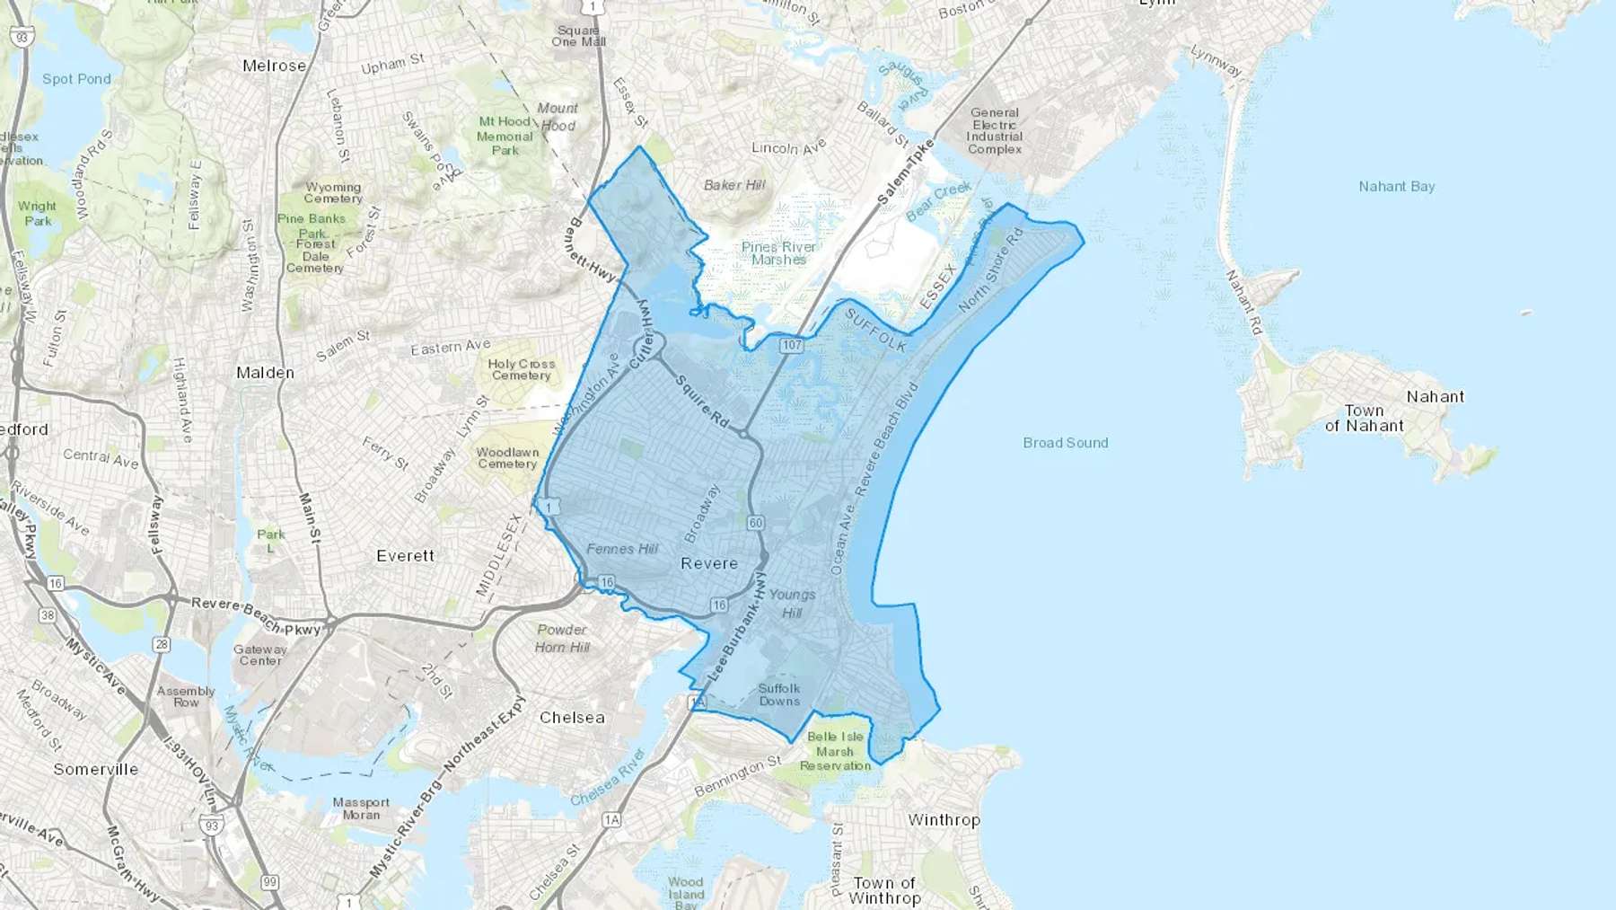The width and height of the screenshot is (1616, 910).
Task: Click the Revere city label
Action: pos(709,564)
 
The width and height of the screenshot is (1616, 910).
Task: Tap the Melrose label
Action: pos(274,66)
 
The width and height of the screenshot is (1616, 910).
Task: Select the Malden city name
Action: pos(265,373)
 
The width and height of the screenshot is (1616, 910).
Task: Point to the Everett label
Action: pos(405,556)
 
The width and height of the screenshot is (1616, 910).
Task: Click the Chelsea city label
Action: pos(572,718)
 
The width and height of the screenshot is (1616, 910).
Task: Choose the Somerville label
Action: pos(96,770)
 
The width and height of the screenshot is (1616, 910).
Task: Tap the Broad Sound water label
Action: pos(1066,443)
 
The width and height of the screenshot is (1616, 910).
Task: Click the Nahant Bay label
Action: pos(1396,187)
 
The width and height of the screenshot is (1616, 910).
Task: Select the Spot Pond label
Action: pos(76,79)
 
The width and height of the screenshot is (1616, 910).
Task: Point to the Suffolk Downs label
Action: pos(778,695)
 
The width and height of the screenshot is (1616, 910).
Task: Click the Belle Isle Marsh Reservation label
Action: pos(835,751)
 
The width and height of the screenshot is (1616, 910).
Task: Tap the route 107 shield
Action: pos(791,345)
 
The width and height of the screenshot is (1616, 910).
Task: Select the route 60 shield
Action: pos(755,523)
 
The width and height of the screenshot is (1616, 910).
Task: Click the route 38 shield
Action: pos(48,615)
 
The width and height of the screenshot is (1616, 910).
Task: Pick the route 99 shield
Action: pos(269,882)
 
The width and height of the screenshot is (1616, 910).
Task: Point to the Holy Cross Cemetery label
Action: pos(522,369)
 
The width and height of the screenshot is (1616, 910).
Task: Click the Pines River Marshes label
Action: pos(778,253)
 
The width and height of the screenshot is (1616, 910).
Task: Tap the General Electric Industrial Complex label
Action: pos(995,131)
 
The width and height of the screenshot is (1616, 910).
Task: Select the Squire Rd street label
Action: pos(702,401)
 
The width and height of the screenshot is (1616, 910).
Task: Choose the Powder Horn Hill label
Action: pos(562,639)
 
